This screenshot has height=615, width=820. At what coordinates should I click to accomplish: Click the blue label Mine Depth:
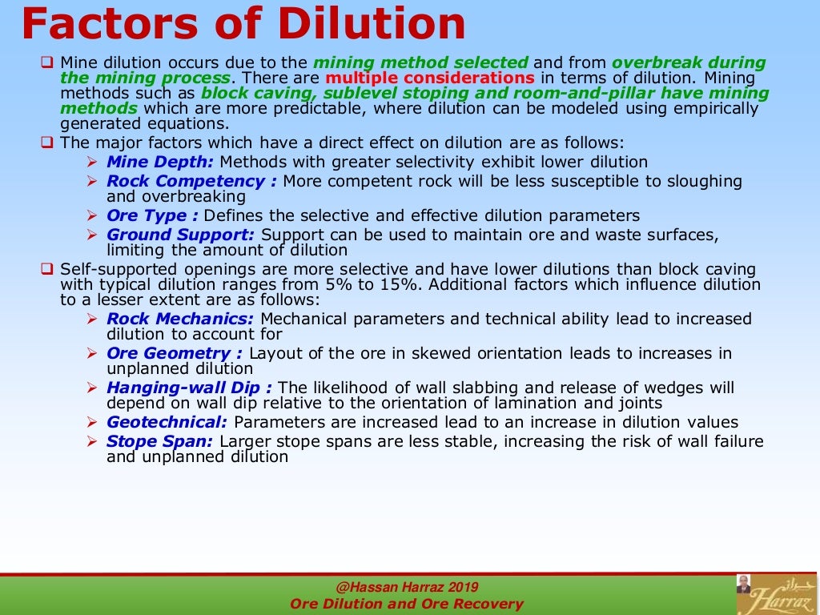pos(159,163)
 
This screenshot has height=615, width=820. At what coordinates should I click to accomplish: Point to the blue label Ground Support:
pos(180,235)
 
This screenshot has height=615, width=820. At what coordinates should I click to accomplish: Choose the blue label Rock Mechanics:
pos(180,319)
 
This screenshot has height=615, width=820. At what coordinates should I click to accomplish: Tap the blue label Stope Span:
pos(159,441)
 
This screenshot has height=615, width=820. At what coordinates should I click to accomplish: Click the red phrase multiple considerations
pos(430,78)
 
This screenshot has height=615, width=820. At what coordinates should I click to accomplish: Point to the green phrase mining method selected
pos(420,62)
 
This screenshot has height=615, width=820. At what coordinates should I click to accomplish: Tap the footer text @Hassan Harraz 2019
pos(406,587)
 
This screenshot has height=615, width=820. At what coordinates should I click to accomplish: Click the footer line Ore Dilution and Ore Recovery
pos(406,604)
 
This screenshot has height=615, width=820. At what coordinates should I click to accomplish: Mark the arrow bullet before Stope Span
pos(91,441)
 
